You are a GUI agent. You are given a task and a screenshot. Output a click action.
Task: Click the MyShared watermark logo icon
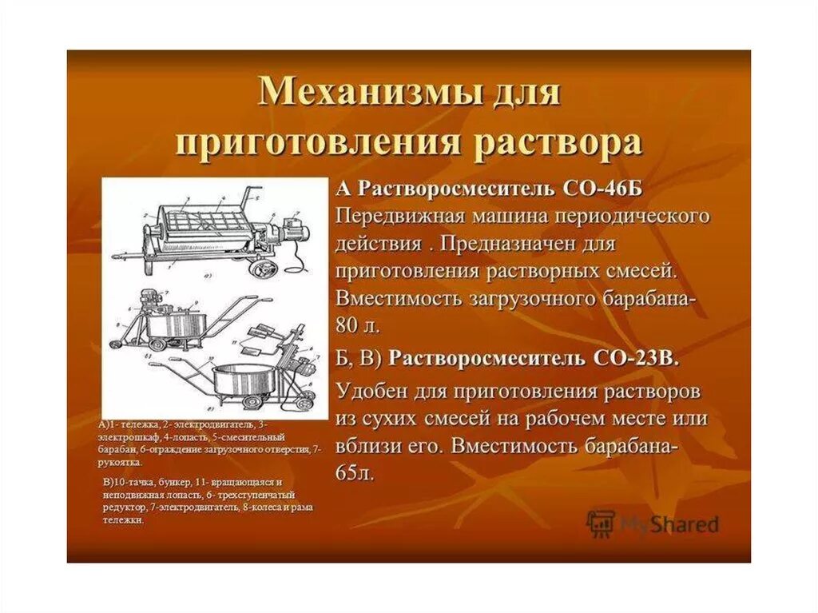point(600,523)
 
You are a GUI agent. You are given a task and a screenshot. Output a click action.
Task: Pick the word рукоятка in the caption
point(120,462)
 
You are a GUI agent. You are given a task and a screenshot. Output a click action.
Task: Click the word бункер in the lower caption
point(168,484)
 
